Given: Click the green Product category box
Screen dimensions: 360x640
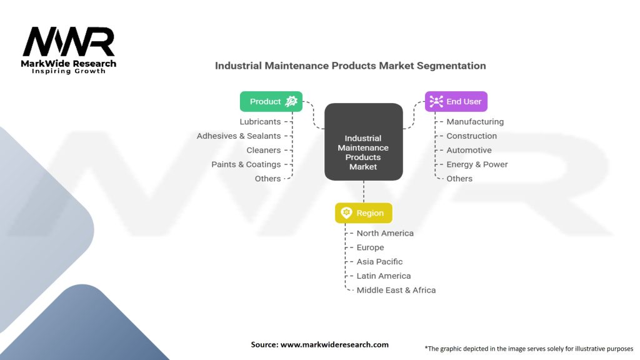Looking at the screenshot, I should (271, 102).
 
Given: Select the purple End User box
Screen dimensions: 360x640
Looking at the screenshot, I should (456, 102).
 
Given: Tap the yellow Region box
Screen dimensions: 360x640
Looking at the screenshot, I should (363, 213).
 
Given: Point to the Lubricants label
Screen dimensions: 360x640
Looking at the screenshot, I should (260, 122).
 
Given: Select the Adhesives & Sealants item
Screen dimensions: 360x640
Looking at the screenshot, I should (239, 136).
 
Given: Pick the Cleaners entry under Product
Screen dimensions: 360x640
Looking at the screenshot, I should (263, 151).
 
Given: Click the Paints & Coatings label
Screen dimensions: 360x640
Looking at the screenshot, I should (246, 164).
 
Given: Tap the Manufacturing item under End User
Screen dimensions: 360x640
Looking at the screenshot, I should (475, 122).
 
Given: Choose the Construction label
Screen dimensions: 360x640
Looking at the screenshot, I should (471, 136).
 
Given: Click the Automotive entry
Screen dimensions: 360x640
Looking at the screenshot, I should (469, 151).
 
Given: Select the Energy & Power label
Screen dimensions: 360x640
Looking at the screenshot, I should (477, 164).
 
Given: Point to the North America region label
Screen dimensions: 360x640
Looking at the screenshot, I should (385, 233).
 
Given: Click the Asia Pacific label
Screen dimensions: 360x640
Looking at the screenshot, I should (379, 262).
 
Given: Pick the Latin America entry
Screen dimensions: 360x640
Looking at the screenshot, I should (384, 276).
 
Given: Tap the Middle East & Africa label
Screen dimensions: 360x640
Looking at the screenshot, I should (396, 290).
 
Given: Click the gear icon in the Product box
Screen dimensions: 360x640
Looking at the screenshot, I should (291, 102).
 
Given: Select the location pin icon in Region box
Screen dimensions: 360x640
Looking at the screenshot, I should (346, 213).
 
